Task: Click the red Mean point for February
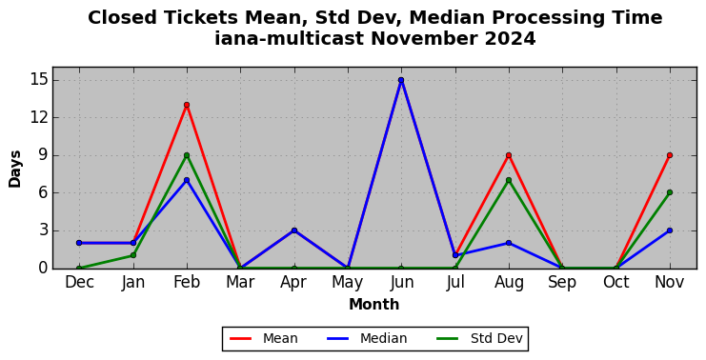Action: pos(187,105)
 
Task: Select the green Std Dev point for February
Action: pos(187,155)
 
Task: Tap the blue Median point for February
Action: pos(187,180)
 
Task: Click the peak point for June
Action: pos(401,80)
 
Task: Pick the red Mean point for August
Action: pos(509,155)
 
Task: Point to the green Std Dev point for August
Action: pos(509,180)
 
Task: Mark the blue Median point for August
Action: pos(509,243)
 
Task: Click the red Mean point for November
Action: pos(670,155)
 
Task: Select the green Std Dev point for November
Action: pos(670,192)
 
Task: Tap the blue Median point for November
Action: pos(670,230)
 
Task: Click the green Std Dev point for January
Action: pos(133,255)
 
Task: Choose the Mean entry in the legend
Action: pos(264,338)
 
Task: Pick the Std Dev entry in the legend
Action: pos(479,338)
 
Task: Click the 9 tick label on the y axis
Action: pos(43,155)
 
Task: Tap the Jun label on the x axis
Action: pos(401,282)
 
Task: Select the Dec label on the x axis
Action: pos(80,282)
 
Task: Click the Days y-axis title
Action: pos(15,169)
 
